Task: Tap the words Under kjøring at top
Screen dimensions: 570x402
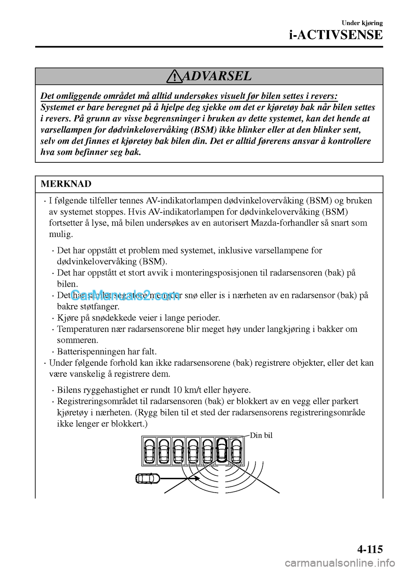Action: pyautogui.click(x=362, y=23)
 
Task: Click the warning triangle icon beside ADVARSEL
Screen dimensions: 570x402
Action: pyautogui.click(x=173, y=77)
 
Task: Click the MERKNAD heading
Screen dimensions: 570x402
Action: pyautogui.click(x=66, y=184)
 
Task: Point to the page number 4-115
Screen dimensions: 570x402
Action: pyautogui.click(x=364, y=548)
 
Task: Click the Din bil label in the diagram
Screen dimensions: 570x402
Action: pyautogui.click(x=261, y=435)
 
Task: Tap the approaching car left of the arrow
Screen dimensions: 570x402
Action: pyautogui.click(x=148, y=478)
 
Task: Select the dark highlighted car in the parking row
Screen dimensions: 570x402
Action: pyautogui.click(x=222, y=451)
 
